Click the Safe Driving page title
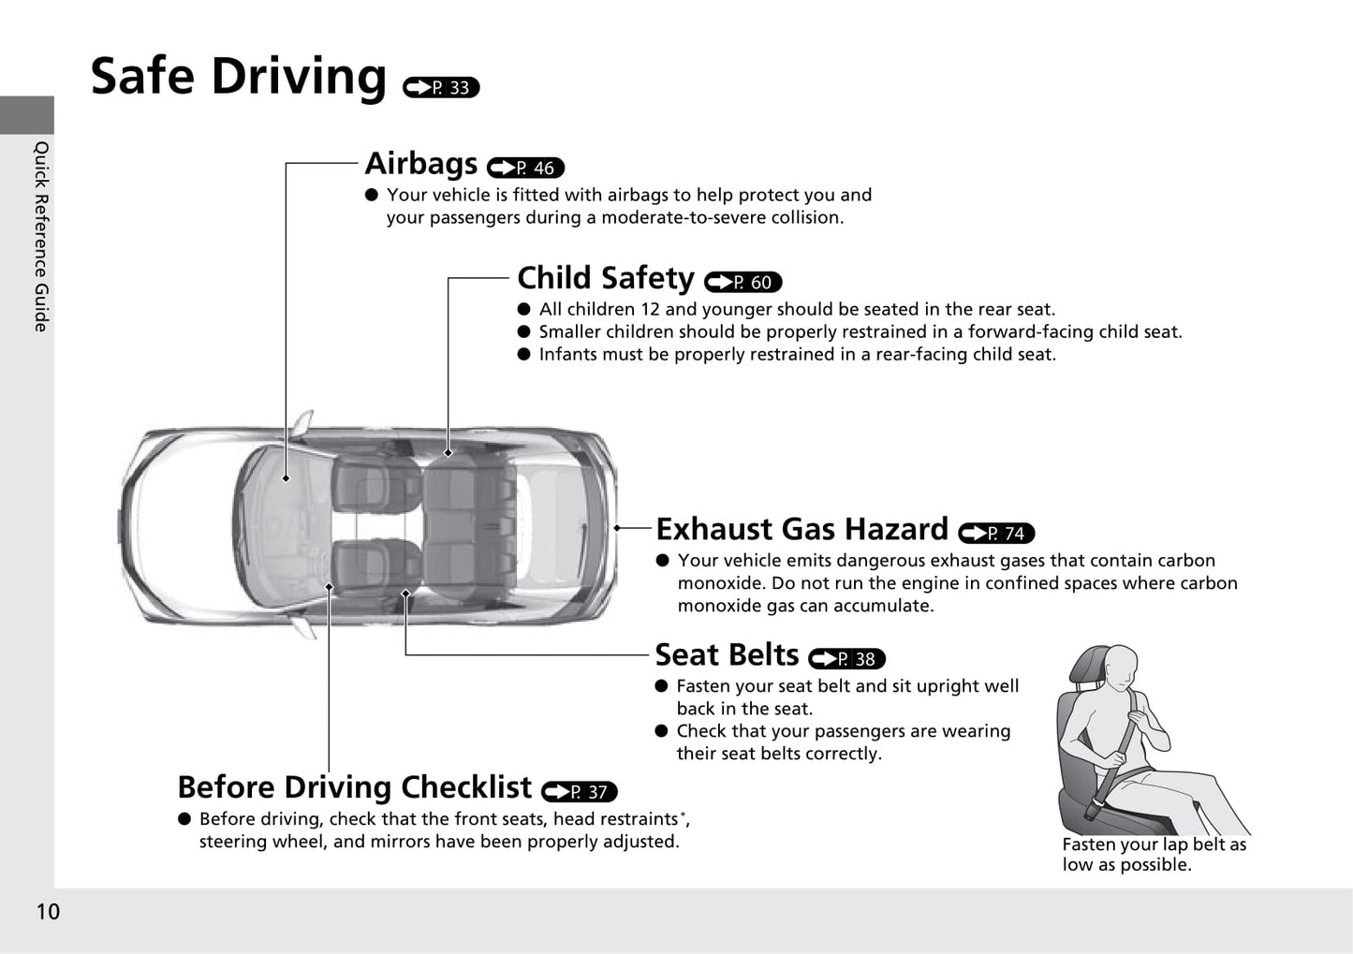point(238,77)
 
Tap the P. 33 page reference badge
point(441,88)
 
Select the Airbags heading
point(421,163)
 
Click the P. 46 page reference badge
point(525,168)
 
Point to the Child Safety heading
point(606,278)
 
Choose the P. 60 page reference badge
point(743,282)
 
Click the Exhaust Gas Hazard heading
point(802,529)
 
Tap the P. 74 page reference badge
point(996,533)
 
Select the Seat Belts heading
point(727,654)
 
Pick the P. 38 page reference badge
point(846,659)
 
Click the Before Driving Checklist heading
point(355,787)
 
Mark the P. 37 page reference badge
point(580,792)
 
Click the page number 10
point(49,912)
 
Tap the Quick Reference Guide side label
point(40,236)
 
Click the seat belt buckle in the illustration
point(1094,808)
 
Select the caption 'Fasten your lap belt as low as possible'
point(1154,855)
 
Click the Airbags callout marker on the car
point(286,478)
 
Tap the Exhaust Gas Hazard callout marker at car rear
point(617,528)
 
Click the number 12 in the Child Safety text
point(650,309)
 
